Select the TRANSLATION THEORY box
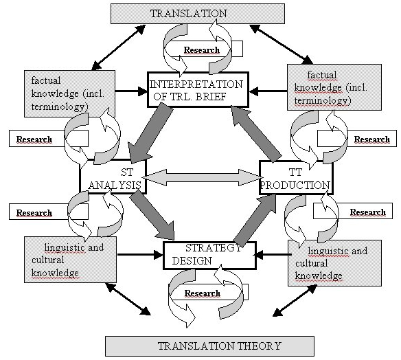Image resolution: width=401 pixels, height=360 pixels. point(209,345)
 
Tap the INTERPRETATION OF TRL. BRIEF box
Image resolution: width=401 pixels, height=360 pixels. point(198,89)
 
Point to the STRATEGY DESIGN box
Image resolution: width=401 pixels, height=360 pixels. point(209,254)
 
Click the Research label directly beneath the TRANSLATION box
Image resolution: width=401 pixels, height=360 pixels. point(202,50)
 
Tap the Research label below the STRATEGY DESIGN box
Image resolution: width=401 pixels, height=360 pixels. point(202,293)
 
